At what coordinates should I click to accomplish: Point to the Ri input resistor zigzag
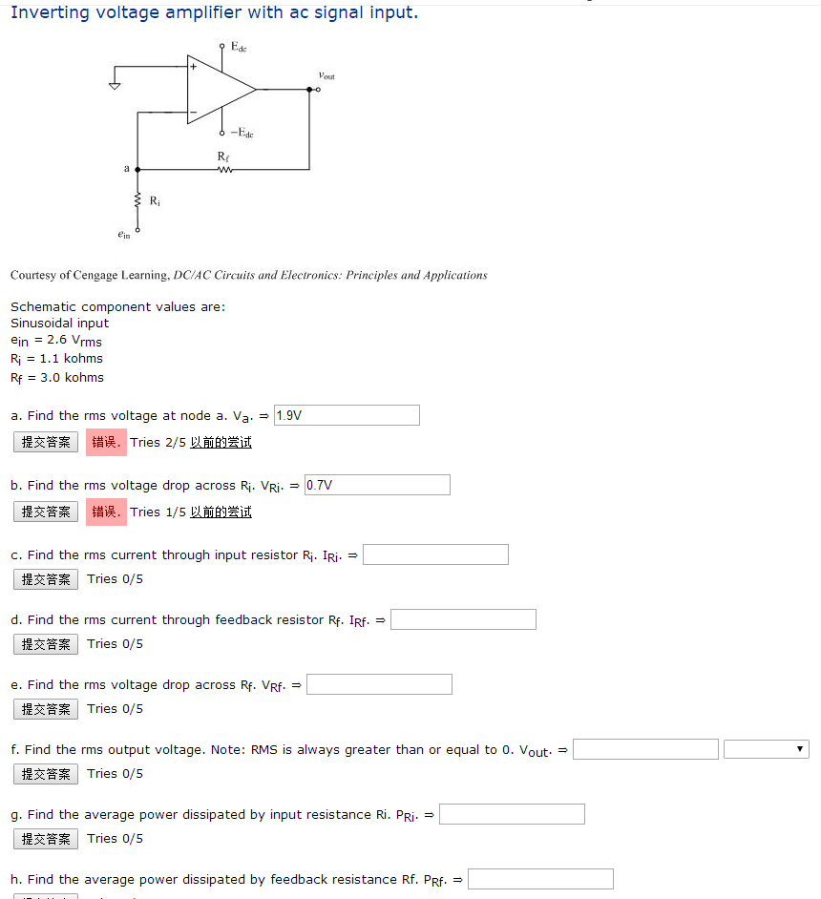point(138,201)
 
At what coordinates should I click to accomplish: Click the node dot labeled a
point(138,170)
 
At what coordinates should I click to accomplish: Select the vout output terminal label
point(326,74)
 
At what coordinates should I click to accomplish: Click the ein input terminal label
point(124,233)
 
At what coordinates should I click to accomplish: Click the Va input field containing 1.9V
point(347,415)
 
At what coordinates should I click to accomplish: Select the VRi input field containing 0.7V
point(377,485)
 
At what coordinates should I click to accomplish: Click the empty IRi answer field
point(435,554)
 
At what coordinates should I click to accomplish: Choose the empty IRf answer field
point(463,619)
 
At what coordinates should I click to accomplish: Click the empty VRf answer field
point(379,684)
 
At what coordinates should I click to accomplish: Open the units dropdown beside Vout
point(766,749)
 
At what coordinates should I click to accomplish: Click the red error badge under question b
point(105,512)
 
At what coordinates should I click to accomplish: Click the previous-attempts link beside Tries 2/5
point(221,442)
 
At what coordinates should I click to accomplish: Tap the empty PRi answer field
point(512,814)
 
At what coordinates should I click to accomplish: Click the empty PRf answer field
point(540,879)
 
